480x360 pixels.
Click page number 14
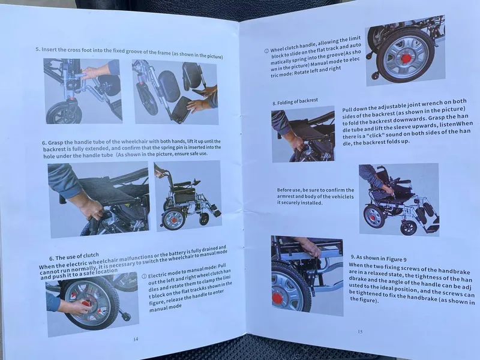tap(136, 339)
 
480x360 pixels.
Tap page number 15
tap(360, 332)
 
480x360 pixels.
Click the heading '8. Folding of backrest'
tap(295, 101)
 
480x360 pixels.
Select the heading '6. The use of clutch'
tap(74, 257)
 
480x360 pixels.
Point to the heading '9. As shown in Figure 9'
tap(379, 258)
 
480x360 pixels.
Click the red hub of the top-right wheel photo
tap(406, 58)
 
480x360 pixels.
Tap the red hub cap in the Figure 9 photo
tap(277, 298)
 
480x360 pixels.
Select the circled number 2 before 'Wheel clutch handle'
tap(266, 51)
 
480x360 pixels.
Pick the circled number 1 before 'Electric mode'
tap(144, 277)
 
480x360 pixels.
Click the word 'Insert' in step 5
tap(49, 49)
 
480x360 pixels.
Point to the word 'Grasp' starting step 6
tap(55, 142)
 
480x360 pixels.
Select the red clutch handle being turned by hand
tap(85, 303)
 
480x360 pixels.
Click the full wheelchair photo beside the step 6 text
tap(188, 196)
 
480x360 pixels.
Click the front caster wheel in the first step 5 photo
tap(64, 113)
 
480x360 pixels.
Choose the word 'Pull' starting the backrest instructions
tap(348, 110)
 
